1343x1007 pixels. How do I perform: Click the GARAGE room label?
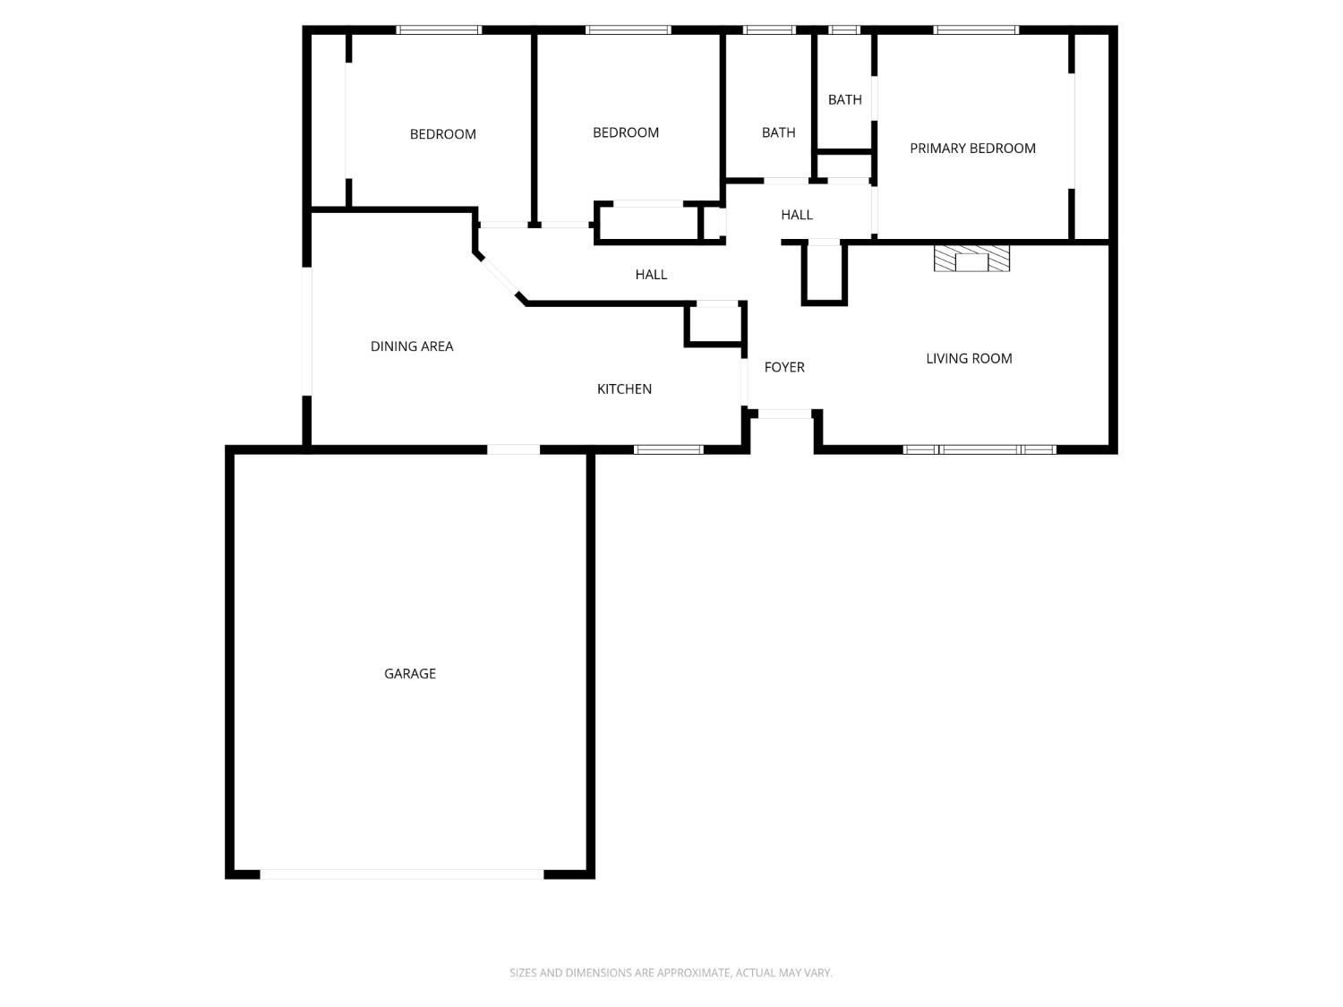point(410,673)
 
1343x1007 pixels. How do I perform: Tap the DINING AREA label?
point(412,346)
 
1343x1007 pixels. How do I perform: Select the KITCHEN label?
point(624,388)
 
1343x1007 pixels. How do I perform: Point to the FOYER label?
point(784,367)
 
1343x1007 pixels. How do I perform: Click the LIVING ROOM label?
point(969,358)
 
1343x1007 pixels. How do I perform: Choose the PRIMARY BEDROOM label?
point(972,149)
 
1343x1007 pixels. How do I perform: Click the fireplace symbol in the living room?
point(971,259)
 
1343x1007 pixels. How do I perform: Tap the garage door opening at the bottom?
point(401,874)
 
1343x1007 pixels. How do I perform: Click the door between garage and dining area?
point(513,449)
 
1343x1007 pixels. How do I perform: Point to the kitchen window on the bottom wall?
point(669,449)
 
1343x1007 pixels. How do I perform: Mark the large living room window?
point(979,449)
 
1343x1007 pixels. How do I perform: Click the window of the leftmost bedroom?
point(439,30)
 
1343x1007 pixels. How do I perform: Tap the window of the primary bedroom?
point(976,30)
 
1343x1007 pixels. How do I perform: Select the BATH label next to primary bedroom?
point(844,99)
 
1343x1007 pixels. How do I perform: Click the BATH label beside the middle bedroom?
point(778,132)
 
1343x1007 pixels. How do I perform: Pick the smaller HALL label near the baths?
point(796,215)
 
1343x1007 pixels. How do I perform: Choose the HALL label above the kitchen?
point(651,275)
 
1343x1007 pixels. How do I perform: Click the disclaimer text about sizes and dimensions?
point(671,972)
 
